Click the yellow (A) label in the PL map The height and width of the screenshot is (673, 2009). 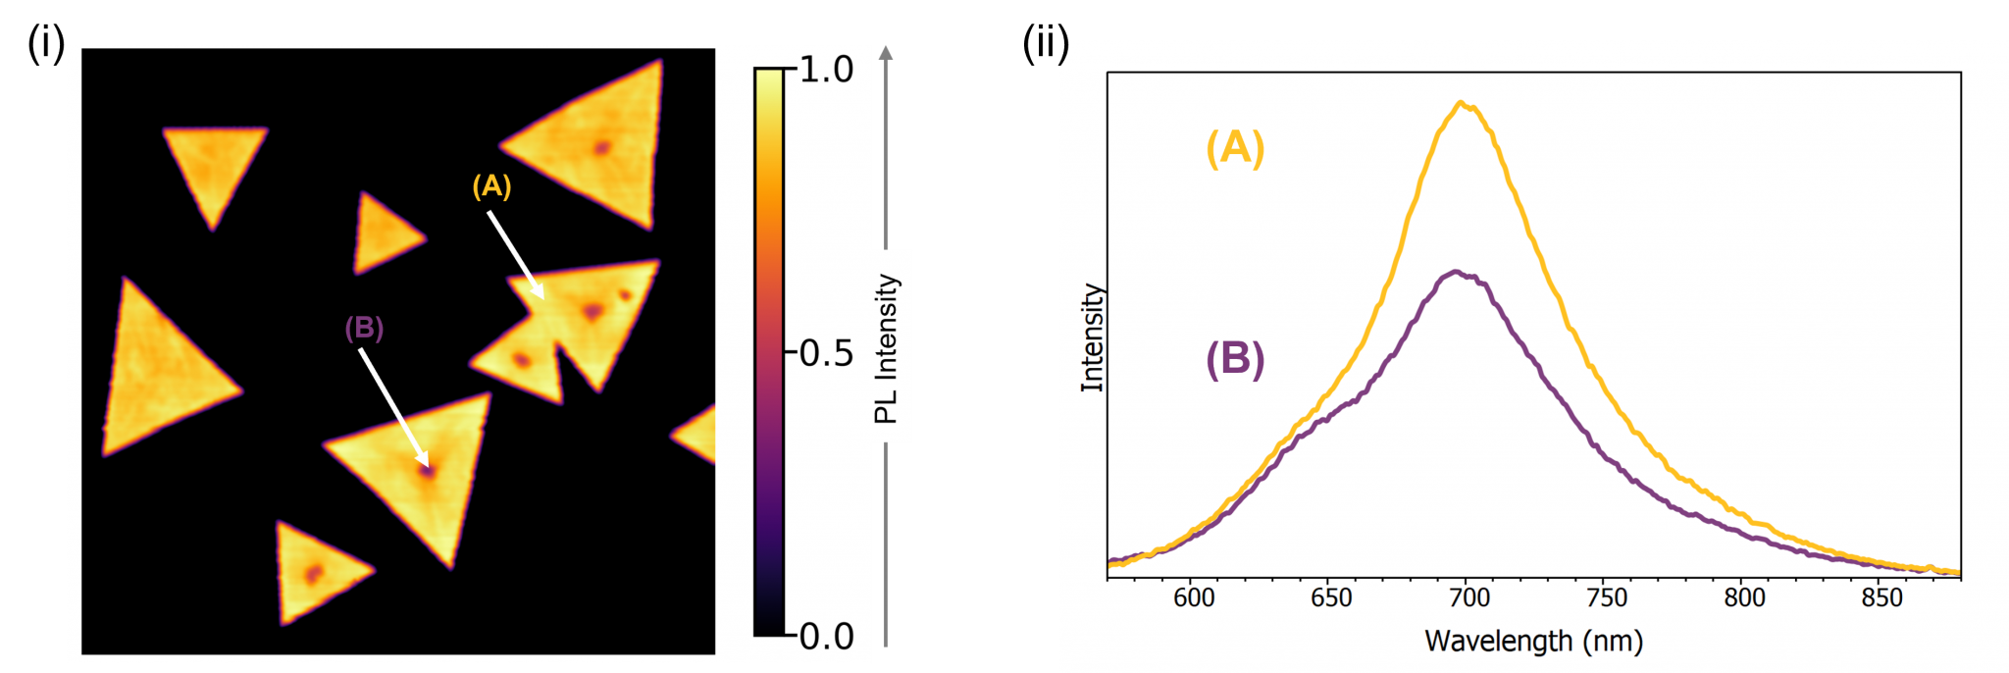click(x=491, y=186)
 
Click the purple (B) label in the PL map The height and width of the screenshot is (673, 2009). click(x=364, y=329)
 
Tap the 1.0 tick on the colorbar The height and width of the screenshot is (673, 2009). click(x=826, y=70)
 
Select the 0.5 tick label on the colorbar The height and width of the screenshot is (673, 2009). click(x=826, y=353)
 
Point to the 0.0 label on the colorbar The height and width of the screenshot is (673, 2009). click(x=826, y=637)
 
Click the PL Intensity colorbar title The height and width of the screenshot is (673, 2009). click(x=887, y=347)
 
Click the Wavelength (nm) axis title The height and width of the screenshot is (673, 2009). click(x=1533, y=642)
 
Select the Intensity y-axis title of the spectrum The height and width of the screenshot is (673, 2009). click(x=1092, y=338)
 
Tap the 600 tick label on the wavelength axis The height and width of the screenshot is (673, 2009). click(x=1194, y=597)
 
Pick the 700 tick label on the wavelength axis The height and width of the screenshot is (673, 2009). click(x=1469, y=597)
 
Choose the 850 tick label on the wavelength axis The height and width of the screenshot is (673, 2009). click(x=1881, y=597)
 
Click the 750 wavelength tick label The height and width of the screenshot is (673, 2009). click(x=1607, y=597)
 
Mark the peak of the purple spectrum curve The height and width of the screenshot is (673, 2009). click(x=1457, y=272)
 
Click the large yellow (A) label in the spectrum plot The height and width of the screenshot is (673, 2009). click(x=1235, y=148)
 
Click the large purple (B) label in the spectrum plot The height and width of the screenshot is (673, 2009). click(x=1235, y=359)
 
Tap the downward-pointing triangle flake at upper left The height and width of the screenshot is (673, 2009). click(x=214, y=166)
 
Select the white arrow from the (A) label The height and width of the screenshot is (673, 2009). click(x=516, y=255)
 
